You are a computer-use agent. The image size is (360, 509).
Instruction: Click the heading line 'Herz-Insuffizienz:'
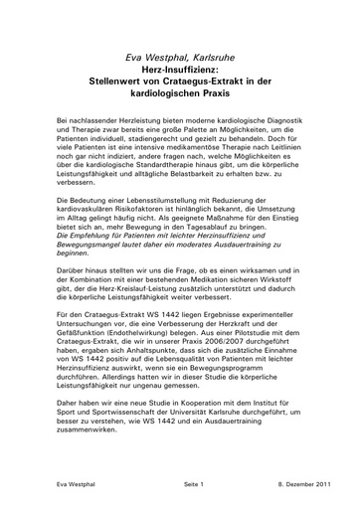click(179, 71)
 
